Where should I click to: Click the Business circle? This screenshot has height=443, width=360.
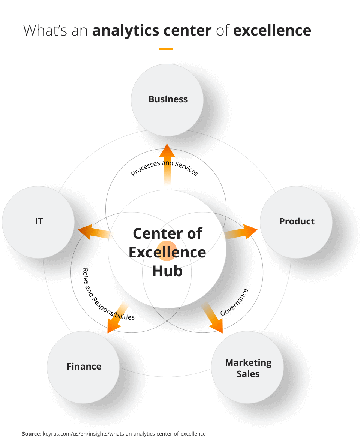tap(167, 99)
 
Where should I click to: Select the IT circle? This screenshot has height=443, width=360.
tap(39, 221)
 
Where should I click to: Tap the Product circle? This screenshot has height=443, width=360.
tap(296, 221)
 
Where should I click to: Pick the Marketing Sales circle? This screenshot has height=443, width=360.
tap(248, 368)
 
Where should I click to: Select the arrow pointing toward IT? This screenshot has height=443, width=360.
tap(94, 232)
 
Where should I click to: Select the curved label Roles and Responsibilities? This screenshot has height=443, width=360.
tap(105, 296)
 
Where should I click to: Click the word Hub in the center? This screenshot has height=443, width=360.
tap(167, 271)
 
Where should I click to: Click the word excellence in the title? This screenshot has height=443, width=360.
tap(272, 30)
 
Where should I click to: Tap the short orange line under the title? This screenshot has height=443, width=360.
tap(166, 49)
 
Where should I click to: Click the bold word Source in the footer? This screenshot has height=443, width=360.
tap(31, 434)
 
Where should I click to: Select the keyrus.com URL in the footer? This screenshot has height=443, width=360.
tap(124, 434)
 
